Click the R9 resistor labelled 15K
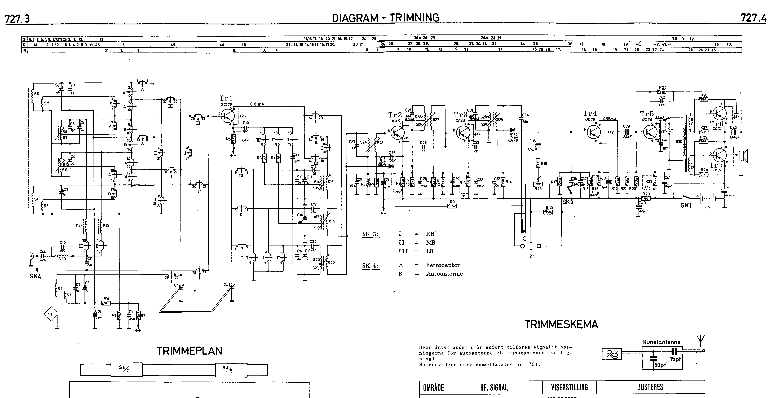coord(452,206)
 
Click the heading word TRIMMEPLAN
coord(189,351)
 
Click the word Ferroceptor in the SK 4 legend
coord(443,265)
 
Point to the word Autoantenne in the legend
coord(444,274)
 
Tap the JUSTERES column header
coord(650,387)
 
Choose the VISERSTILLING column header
coord(569,387)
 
